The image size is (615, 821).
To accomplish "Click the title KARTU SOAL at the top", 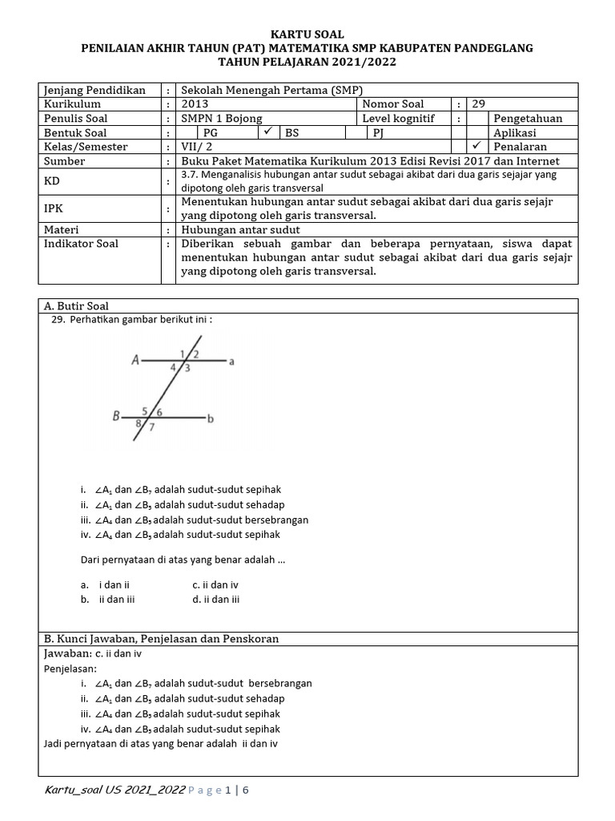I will pos(307,34).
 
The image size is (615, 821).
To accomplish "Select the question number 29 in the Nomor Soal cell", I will pos(479,104).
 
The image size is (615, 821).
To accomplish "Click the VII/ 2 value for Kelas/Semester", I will pos(197,147).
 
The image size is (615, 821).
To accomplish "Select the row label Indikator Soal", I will pos(82,244).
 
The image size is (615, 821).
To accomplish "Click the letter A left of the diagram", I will pos(136,361).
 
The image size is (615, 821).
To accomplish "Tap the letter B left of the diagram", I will pos(117,416).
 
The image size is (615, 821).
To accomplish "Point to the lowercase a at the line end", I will pos(231,362).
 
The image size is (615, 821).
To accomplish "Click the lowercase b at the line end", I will pos(211,419).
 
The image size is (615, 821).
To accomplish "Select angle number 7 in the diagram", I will pos(151,427).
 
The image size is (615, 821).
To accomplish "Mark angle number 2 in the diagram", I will pos(196,354).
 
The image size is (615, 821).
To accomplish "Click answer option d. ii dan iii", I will pos(216,599).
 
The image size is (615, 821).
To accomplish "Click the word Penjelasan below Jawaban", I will pos(70,669).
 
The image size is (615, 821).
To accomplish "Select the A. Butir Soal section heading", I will pos(77,306).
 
